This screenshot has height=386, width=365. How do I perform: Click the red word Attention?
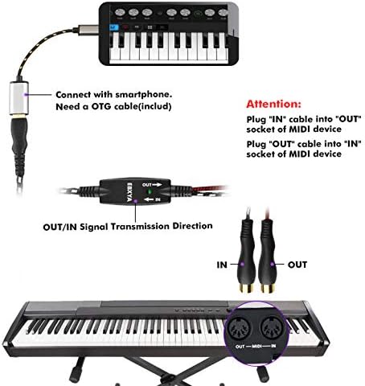[x=273, y=104]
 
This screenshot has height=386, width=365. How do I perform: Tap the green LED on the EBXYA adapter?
[x=150, y=191]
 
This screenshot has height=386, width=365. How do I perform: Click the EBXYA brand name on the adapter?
[x=129, y=192]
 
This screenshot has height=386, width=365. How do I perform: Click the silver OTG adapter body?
[x=19, y=97]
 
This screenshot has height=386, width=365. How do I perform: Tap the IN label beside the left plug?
[x=222, y=265]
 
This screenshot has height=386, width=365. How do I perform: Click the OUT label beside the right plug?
[x=297, y=265]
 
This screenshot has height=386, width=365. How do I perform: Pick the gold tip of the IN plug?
[x=246, y=288]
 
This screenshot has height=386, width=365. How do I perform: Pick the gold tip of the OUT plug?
[x=268, y=288]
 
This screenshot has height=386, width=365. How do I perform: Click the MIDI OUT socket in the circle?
[x=239, y=328]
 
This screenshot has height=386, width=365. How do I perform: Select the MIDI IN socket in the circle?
[x=273, y=328]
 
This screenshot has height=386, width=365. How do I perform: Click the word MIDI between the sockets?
[x=256, y=347]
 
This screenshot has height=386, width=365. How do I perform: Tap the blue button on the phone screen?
[x=114, y=27]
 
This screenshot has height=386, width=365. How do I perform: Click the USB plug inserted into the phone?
[x=88, y=30]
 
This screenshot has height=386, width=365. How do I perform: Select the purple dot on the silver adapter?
[x=26, y=94]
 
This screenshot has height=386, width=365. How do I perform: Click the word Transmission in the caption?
[x=141, y=227]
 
